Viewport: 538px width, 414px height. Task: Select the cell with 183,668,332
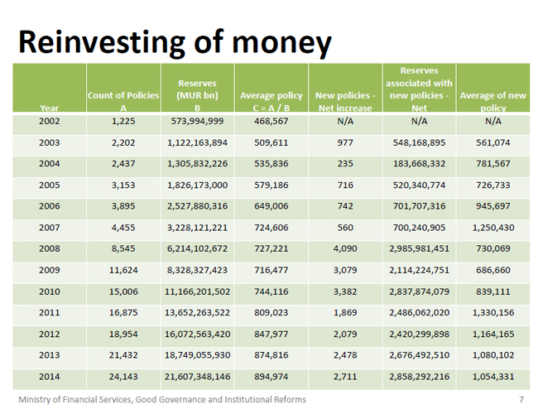[x=418, y=164]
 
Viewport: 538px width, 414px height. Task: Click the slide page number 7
[x=521, y=400]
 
